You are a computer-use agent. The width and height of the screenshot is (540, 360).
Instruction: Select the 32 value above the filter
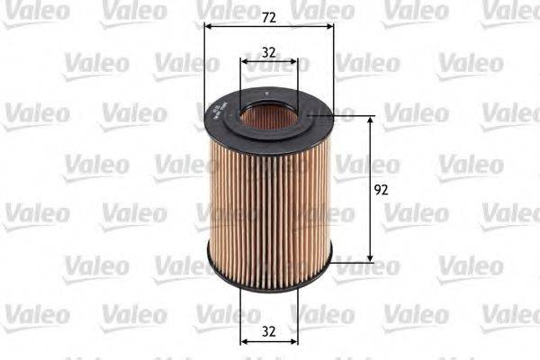268,51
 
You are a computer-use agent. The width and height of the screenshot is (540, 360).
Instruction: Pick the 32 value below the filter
268,330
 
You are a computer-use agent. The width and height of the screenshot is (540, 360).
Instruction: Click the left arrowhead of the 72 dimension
209,25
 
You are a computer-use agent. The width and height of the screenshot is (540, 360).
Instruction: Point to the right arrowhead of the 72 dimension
328,25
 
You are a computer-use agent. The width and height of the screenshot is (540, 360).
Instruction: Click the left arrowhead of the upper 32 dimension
244,62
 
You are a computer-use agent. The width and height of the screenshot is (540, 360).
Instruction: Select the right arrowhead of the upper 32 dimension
293,62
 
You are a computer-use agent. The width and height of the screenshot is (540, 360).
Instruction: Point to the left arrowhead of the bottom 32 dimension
244,342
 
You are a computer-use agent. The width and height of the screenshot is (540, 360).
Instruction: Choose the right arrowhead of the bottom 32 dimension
293,342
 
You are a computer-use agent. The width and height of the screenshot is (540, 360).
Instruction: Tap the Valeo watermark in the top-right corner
508,12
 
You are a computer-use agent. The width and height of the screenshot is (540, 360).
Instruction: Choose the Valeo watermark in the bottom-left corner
36,314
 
